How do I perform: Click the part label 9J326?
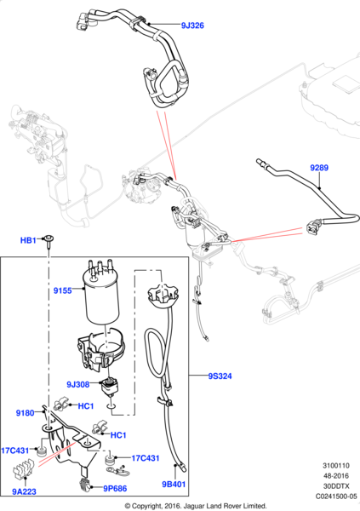pos(192,26)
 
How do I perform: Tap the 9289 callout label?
pos(319,168)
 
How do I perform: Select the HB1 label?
pos(28,240)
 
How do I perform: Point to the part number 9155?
pos(62,290)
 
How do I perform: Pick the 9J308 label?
pos(77,385)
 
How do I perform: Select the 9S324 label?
pos(220,376)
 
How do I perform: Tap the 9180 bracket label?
pos(25,413)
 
